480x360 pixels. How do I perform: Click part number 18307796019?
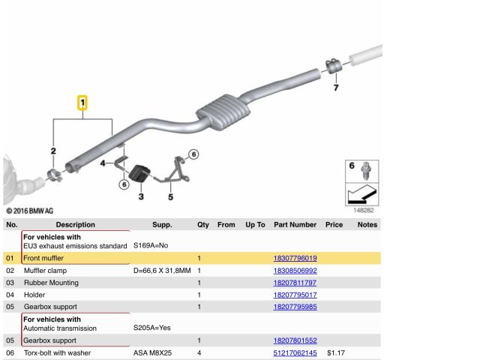click(x=295, y=258)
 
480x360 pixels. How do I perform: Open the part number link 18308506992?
click(x=295, y=271)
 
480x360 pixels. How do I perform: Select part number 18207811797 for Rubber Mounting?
click(x=295, y=283)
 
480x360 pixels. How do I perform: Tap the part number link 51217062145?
click(x=295, y=352)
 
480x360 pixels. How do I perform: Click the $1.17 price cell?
click(x=336, y=352)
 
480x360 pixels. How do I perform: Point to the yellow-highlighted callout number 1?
click(x=82, y=103)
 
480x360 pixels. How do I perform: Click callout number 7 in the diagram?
click(x=336, y=88)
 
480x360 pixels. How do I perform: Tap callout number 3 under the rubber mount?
click(x=141, y=196)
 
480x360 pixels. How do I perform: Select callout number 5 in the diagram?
click(x=170, y=196)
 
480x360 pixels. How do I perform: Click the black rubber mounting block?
click(x=139, y=173)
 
